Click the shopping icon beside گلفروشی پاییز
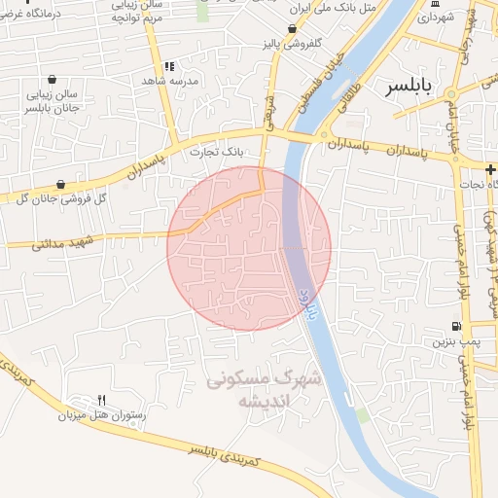[x=293, y=30]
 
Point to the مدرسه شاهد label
[x=171, y=81]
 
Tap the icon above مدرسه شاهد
[x=169, y=66]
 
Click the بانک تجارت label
[x=219, y=153]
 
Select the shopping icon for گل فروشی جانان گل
[x=61, y=183]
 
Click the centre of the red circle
[x=249, y=248]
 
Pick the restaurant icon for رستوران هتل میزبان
[x=101, y=400]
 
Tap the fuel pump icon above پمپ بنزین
[x=456, y=326]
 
